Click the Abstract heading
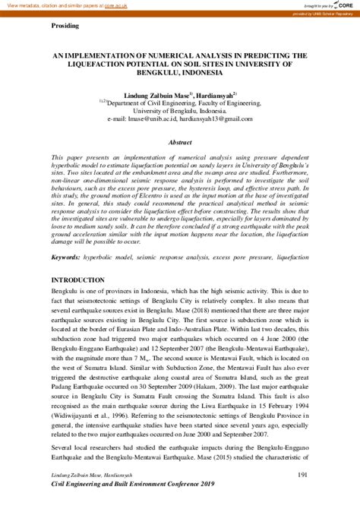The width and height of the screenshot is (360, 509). pos(180,142)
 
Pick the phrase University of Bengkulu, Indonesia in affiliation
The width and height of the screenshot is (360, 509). pos(180,109)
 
